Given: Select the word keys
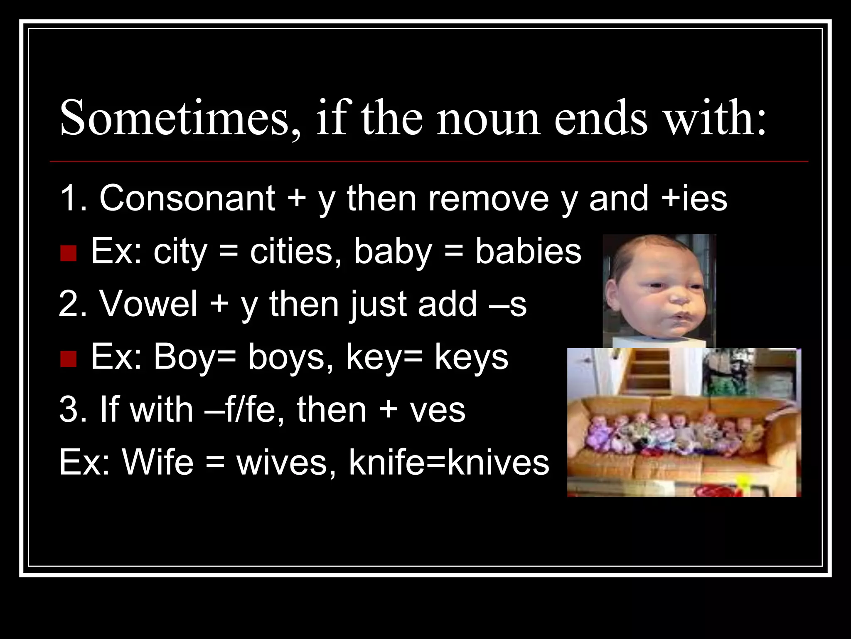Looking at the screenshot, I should click(471, 358).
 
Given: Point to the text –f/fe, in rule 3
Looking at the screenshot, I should click(245, 410).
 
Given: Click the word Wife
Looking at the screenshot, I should click(158, 462).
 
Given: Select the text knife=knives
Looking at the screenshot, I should click(449, 462).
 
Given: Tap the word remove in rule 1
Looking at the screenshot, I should click(488, 199).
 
